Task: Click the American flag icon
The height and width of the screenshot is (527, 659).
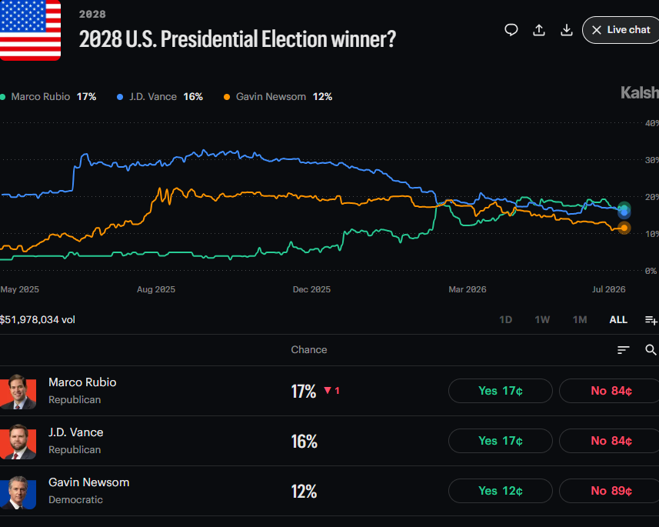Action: pos(30,30)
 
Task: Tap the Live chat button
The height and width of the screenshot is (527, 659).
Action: pos(621,30)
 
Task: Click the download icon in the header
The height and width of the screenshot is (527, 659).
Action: pos(567,30)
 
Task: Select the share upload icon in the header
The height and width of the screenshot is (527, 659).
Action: pos(539,30)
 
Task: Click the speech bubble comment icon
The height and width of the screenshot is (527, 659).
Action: pos(511,30)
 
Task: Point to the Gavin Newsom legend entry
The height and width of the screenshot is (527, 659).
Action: pos(278,97)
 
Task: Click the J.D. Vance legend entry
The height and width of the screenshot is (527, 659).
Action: pos(160,97)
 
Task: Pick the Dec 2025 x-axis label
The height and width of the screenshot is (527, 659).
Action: pos(311,289)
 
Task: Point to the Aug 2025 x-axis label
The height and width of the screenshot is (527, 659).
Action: pos(156,289)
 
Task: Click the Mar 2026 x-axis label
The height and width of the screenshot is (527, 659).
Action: pos(468,289)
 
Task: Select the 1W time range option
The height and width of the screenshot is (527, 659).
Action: pos(542,319)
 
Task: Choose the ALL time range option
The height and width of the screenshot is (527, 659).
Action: pos(618,319)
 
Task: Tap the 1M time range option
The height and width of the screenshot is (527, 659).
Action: pos(580,319)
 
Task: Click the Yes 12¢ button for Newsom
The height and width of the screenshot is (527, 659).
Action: pos(500,491)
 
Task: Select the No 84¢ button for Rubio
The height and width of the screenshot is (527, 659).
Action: pos(610,391)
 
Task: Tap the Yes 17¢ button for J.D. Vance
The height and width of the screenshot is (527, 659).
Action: pos(500,441)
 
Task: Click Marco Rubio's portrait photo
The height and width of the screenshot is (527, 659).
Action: pos(18,392)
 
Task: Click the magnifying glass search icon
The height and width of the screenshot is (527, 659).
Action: pos(651,349)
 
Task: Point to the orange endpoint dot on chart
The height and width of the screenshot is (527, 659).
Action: pos(624,228)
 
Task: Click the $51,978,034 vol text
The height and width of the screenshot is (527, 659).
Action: pos(38,319)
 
